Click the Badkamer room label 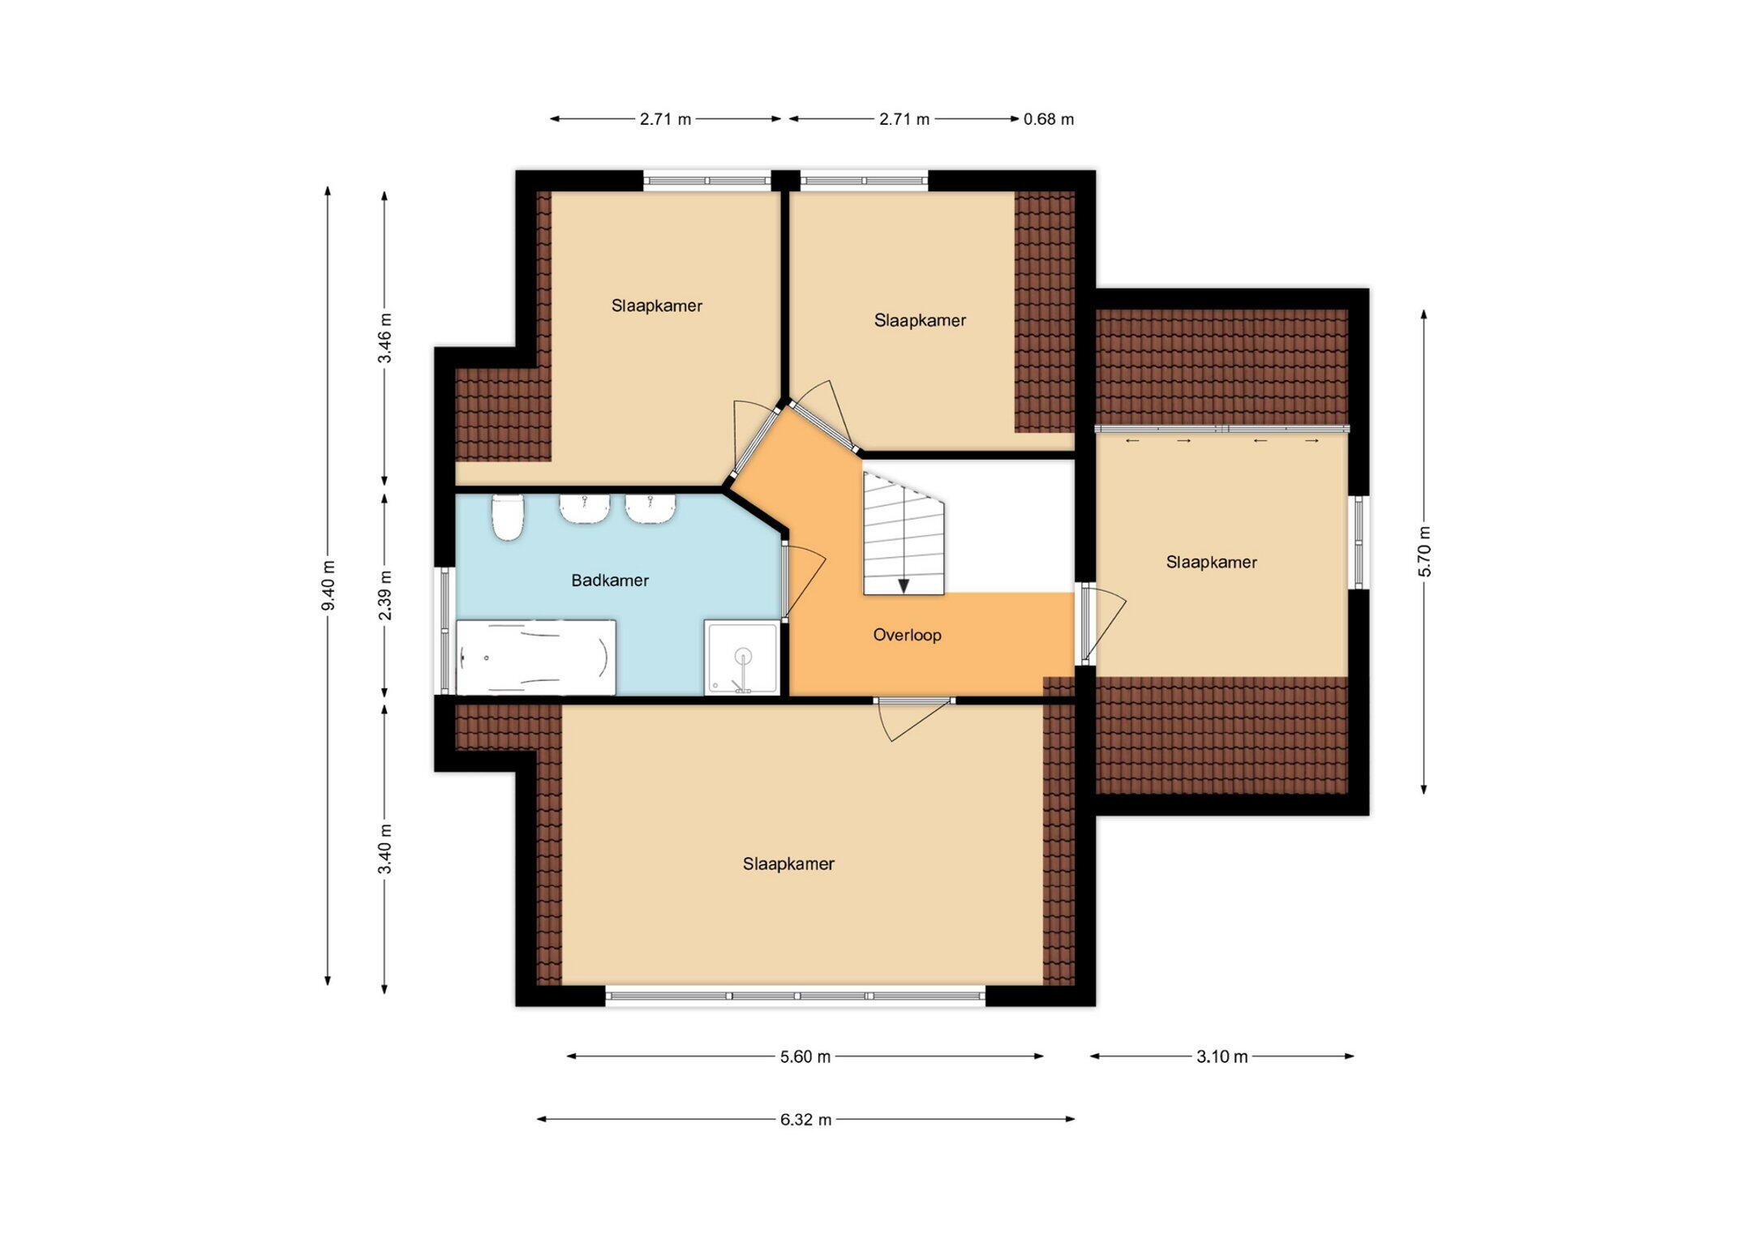(x=610, y=580)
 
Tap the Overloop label (x=907, y=635)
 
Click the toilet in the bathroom (x=508, y=517)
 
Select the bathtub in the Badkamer (x=536, y=658)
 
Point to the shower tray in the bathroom (x=741, y=658)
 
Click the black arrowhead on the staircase (x=904, y=586)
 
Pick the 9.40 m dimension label (x=328, y=586)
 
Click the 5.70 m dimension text (x=1424, y=551)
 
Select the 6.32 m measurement (x=805, y=1120)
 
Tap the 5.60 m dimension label (x=805, y=1056)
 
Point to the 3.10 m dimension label (x=1222, y=1056)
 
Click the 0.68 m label (x=1049, y=119)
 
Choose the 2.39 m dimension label (x=384, y=595)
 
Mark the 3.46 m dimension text (x=384, y=338)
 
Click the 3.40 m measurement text (x=384, y=848)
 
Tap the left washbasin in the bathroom (x=585, y=508)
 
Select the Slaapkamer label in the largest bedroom (x=788, y=864)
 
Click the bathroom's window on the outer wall (x=444, y=631)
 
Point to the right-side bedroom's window (x=1359, y=542)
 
